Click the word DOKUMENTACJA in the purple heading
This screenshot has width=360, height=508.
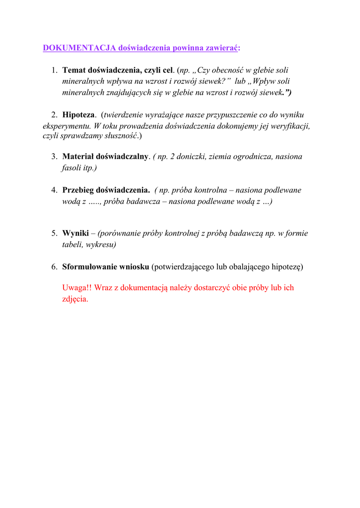[79, 48]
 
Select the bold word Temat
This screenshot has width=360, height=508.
[73, 70]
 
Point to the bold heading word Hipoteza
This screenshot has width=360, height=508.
[78, 115]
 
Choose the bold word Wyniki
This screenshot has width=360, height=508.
[75, 233]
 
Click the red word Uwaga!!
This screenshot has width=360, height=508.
[76, 288]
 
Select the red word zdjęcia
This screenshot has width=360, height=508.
[75, 299]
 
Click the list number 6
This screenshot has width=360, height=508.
[54, 266]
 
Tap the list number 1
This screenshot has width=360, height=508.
[54, 70]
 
